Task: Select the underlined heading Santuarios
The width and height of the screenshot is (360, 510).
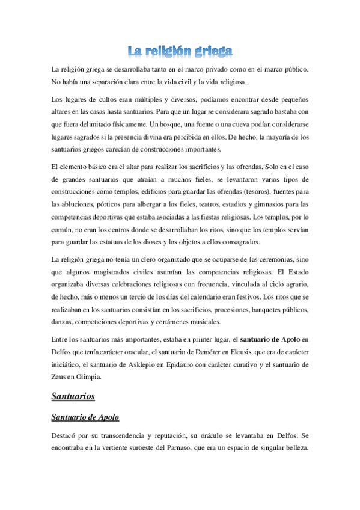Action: (x=74, y=396)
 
